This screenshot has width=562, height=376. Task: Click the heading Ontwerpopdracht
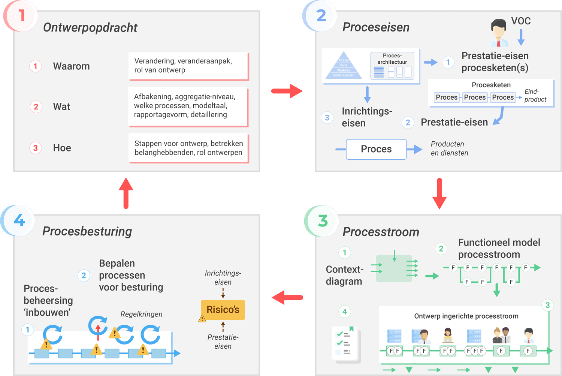pos(90,27)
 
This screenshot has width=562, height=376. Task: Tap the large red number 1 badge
pos(21,15)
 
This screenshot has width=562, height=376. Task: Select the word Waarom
pos(71,66)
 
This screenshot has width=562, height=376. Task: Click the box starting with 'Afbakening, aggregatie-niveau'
pos(188,106)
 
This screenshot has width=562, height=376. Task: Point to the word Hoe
pos(62,148)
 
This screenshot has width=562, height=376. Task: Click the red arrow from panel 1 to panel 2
pos(287,91)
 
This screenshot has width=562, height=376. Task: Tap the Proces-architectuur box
pos(392,66)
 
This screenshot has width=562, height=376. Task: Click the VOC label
pos(521,21)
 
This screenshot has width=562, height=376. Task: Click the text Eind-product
pos(535,96)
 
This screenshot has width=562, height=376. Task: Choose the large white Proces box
pos(376,149)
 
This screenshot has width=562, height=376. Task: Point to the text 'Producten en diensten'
pos(449,148)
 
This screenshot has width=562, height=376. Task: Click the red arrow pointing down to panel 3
pos(439,193)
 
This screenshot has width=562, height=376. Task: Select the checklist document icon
pos(345,344)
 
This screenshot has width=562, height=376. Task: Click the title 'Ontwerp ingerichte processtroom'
pos(466,316)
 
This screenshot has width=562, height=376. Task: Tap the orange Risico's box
pos(223,310)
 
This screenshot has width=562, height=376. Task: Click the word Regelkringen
pos(141,314)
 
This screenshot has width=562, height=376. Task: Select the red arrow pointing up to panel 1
pos(126,193)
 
